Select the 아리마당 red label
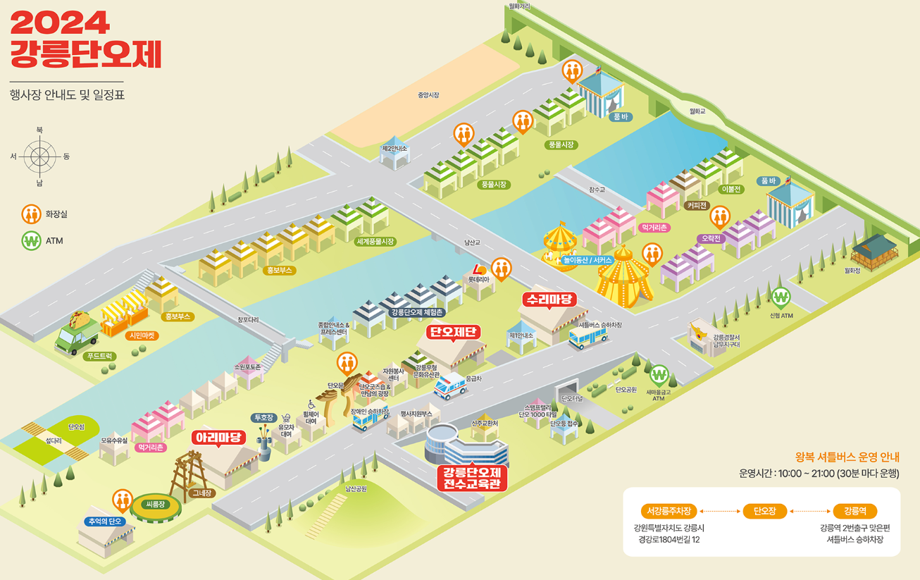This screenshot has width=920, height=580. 218,438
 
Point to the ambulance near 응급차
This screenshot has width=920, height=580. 450,386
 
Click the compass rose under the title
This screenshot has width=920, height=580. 40,156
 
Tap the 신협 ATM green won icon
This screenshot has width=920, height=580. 781,297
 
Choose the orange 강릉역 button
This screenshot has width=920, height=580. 854,511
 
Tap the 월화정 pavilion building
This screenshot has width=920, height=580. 874,249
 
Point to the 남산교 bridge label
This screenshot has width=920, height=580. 471,242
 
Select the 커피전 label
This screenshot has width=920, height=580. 697,205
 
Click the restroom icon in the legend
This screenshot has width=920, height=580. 30,214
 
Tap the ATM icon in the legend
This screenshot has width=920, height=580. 30,241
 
